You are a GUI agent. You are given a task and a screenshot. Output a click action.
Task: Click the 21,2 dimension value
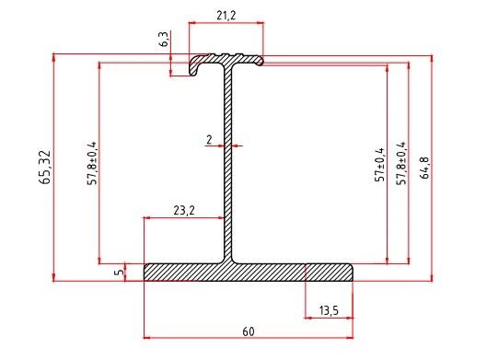[226, 14]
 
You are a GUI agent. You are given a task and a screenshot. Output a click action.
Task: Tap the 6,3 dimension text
[164, 41]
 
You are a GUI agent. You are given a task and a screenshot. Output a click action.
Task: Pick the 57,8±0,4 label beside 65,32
[92, 164]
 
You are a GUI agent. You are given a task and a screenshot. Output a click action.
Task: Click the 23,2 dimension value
[184, 211]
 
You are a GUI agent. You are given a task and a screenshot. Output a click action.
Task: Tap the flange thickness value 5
[119, 273]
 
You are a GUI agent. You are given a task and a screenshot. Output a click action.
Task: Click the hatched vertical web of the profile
[227, 166]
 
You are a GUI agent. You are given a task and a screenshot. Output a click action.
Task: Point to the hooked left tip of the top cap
[196, 66]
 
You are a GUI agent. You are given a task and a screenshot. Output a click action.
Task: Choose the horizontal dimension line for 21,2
[226, 23]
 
